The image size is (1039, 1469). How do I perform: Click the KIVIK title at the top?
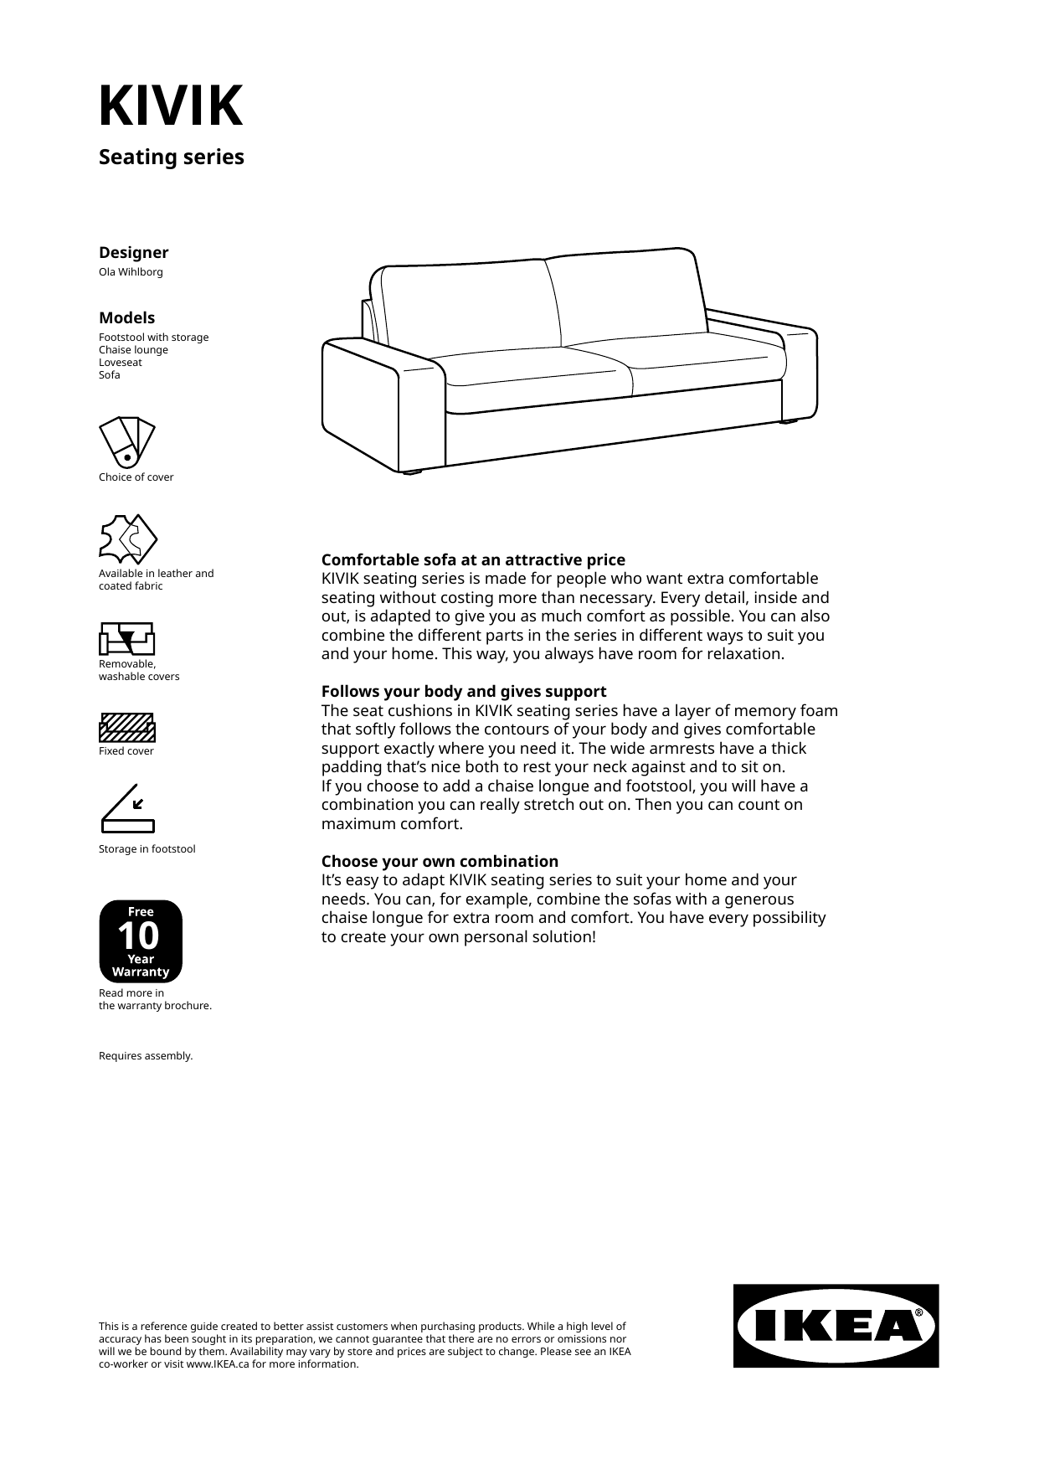tap(171, 106)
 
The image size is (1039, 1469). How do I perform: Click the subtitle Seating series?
tap(171, 157)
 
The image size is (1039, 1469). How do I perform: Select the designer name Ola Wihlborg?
tap(131, 272)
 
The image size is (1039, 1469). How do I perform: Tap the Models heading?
tap(126, 318)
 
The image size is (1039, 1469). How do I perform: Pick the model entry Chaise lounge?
tap(133, 350)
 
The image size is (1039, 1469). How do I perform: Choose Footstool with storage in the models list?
tap(153, 338)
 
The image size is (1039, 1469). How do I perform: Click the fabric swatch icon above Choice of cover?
tap(127, 442)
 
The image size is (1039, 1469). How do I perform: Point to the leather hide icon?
tap(127, 539)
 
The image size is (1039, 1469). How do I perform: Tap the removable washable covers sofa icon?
tap(127, 638)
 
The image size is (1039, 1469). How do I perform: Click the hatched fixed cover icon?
tap(127, 728)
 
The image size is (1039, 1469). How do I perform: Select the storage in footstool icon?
tap(127, 809)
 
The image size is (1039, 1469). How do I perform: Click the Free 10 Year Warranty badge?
tap(141, 941)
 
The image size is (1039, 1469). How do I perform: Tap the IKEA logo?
tap(836, 1326)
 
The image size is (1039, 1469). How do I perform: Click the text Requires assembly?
tap(146, 1056)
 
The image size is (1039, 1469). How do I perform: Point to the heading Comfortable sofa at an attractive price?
tap(473, 560)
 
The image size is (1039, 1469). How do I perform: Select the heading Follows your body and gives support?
tap(464, 692)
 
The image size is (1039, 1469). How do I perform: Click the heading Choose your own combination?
tap(440, 862)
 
